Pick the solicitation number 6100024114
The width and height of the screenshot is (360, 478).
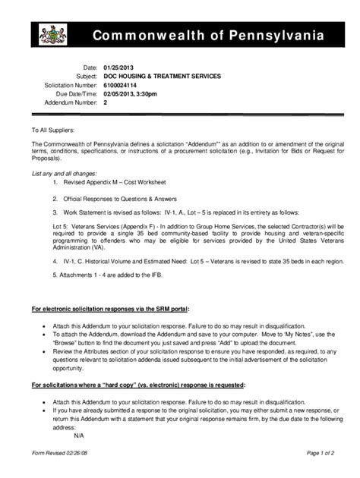click(122, 86)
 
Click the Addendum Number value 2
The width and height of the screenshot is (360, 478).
click(105, 102)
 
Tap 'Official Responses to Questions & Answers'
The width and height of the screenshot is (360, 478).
click(122, 199)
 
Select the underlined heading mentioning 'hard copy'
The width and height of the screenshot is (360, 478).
click(137, 385)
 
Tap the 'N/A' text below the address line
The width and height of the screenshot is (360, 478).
click(79, 436)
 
